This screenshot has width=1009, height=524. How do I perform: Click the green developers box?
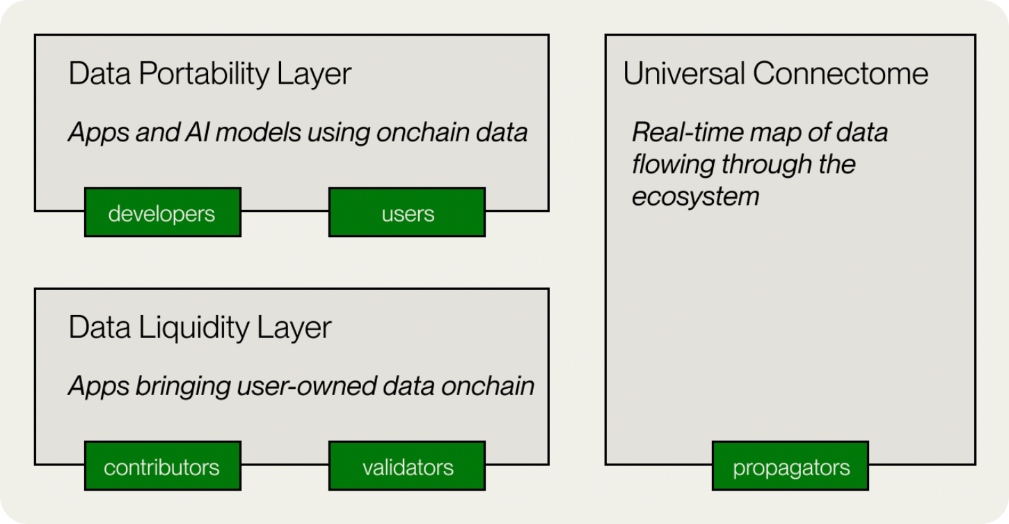(x=163, y=212)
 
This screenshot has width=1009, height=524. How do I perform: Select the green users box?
(x=407, y=212)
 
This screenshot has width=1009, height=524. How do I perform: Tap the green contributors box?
(x=163, y=466)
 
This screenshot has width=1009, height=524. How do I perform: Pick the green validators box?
(x=407, y=466)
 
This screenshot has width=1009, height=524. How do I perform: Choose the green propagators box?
(x=790, y=466)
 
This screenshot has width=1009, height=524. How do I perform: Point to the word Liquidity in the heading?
(x=193, y=328)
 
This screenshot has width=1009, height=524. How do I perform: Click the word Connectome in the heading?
(x=840, y=73)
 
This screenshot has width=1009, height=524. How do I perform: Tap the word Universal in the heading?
(x=684, y=73)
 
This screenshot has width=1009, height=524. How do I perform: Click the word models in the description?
(x=258, y=132)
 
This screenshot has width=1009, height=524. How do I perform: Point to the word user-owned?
(x=306, y=387)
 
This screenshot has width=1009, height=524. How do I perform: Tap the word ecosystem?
(x=695, y=197)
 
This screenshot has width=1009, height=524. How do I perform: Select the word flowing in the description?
(x=673, y=165)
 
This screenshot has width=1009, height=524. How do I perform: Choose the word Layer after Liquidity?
(x=294, y=328)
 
